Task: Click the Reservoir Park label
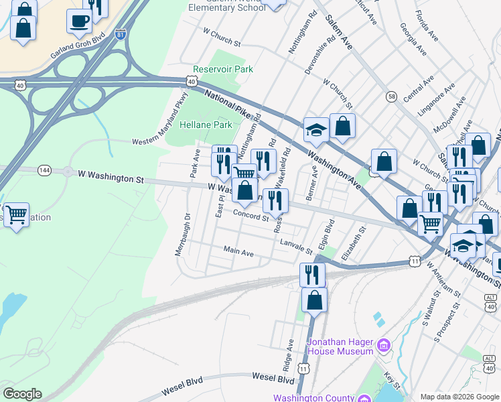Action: click(222, 69)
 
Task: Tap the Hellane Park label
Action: click(205, 125)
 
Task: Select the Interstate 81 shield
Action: click(120, 34)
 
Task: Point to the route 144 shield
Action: click(45, 170)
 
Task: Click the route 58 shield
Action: click(391, 96)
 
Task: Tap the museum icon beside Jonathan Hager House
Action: click(383, 346)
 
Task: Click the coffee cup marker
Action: click(79, 21)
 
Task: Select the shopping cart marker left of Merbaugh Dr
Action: click(16, 215)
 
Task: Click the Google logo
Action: click(21, 394)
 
